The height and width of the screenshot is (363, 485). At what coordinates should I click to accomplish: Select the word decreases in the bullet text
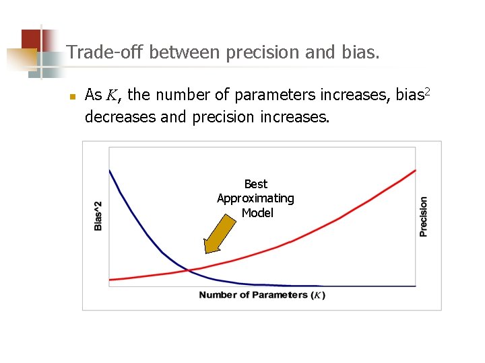point(119,117)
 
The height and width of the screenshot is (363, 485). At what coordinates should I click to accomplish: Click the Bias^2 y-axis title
point(98,216)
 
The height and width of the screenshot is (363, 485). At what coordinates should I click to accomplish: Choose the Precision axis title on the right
point(423,216)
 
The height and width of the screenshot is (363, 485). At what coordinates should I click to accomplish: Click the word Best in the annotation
point(255,184)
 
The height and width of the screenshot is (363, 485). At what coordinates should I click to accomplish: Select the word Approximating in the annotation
point(255,198)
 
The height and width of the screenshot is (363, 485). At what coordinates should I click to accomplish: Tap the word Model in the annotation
point(257,213)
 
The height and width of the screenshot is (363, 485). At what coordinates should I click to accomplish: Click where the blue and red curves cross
point(190,270)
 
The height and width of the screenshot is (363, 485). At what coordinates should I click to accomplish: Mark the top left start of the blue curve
point(110,171)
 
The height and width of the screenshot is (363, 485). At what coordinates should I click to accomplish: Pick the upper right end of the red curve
point(415,170)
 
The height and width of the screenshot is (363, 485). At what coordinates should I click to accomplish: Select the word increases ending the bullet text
point(297,117)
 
